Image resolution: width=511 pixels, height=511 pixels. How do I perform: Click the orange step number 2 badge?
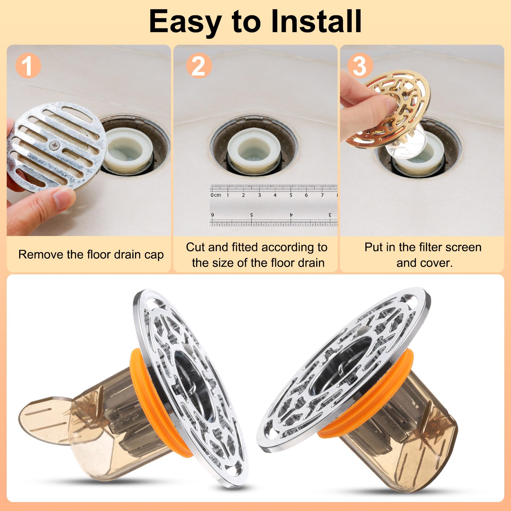(199, 66)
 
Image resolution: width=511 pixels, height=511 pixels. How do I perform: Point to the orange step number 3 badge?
(360, 66)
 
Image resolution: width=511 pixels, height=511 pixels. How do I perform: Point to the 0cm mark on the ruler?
(216, 195)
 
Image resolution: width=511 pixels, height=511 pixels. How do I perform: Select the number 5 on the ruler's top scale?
(291, 195)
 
